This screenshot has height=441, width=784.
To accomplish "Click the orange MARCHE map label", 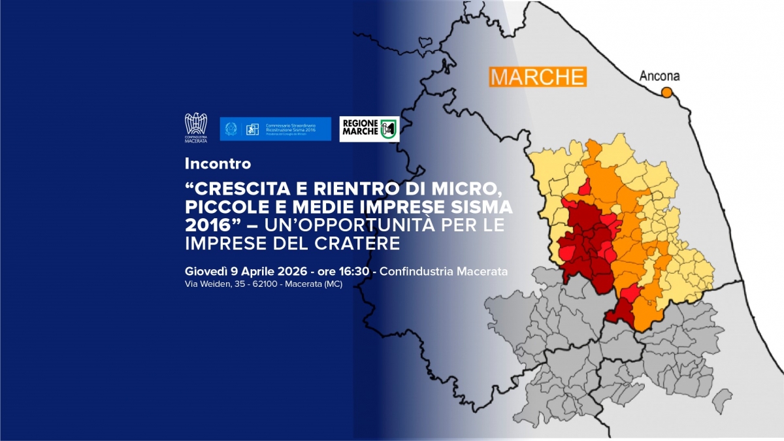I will pyautogui.click(x=538, y=76).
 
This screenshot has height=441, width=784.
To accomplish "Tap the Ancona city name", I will pyautogui.click(x=659, y=76).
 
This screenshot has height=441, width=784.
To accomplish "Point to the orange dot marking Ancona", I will pyautogui.click(x=666, y=92).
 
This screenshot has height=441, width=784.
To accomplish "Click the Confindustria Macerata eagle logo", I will pyautogui.click(x=196, y=129).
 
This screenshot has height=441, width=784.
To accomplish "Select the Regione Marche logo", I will pyautogui.click(x=369, y=129).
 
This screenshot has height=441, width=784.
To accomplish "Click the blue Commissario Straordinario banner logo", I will pyautogui.click(x=275, y=129).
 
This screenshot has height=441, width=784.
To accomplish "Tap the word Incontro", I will pyautogui.click(x=218, y=163).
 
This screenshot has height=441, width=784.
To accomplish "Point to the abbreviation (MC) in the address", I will pyautogui.click(x=332, y=285).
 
